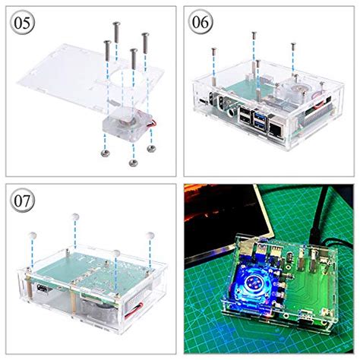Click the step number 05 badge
[x=24, y=23]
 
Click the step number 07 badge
[x=24, y=202]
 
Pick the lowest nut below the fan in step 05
[x=133, y=162]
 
